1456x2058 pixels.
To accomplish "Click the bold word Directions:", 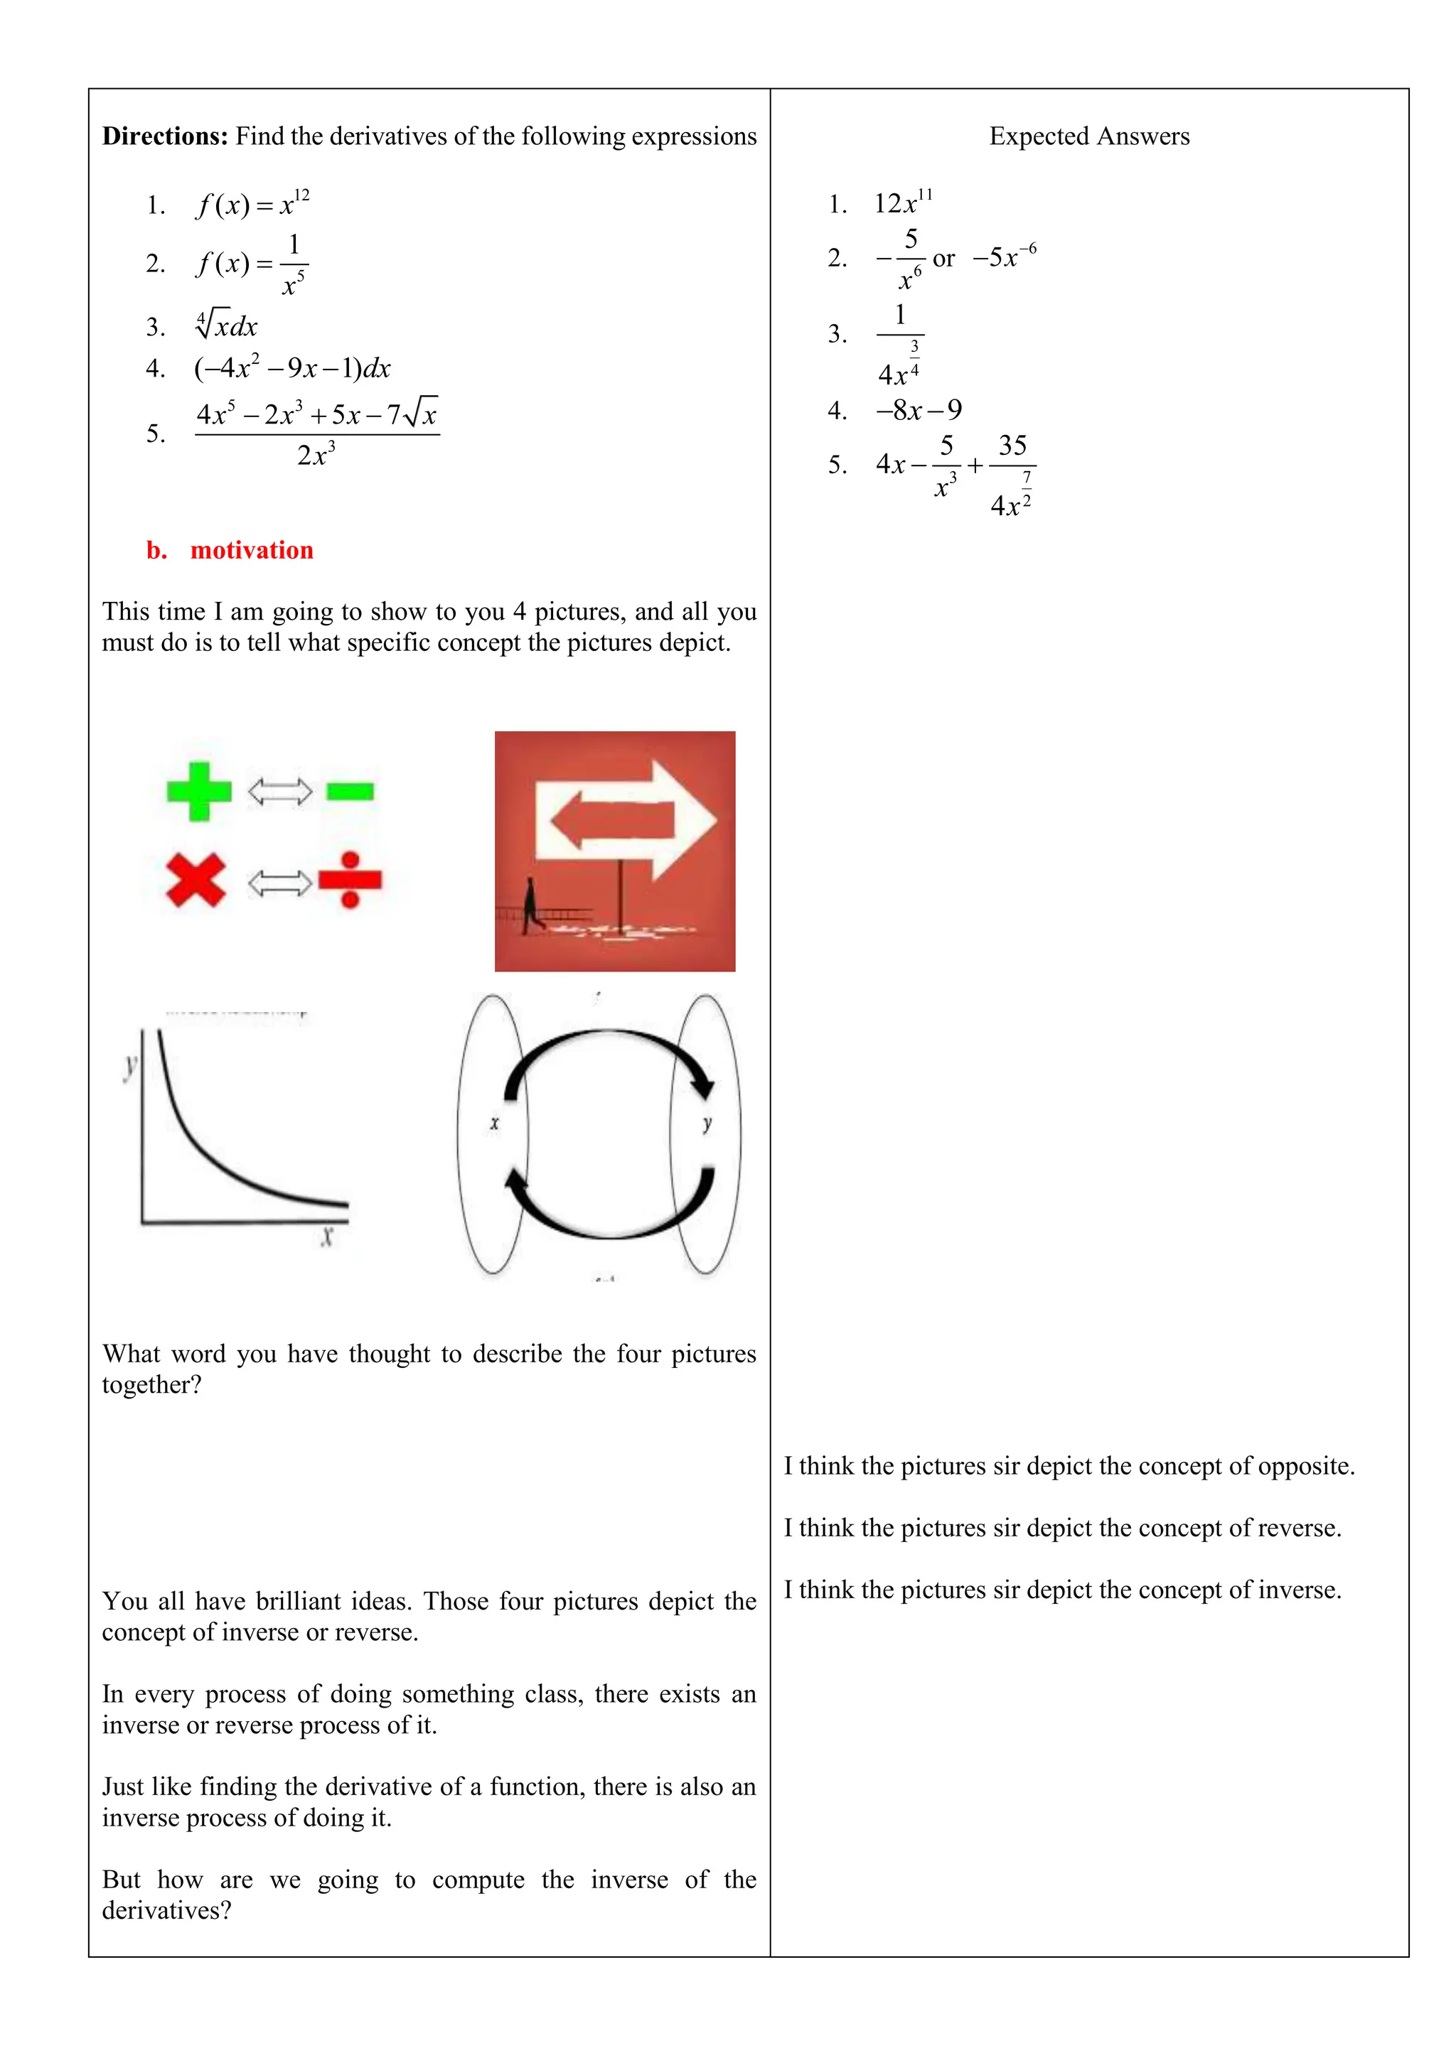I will [165, 136].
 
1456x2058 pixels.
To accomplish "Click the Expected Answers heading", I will [1088, 136].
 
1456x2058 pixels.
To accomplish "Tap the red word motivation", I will [252, 549].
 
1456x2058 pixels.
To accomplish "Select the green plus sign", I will [199, 792].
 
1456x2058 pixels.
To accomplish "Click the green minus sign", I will [350, 792].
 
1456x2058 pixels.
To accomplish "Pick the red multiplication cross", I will [196, 880].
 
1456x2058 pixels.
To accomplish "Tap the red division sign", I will [350, 880].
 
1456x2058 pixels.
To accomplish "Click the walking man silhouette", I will [532, 905].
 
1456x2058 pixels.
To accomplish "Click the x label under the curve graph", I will [326, 1237].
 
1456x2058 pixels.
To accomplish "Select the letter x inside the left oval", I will [494, 1123].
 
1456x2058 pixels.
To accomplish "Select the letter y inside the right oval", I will [707, 1123].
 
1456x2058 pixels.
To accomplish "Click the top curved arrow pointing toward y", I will [610, 1040].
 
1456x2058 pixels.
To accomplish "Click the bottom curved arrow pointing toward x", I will [610, 1228].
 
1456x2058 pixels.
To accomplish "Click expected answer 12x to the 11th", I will [903, 203].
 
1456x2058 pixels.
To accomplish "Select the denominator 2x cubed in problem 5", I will [316, 456].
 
